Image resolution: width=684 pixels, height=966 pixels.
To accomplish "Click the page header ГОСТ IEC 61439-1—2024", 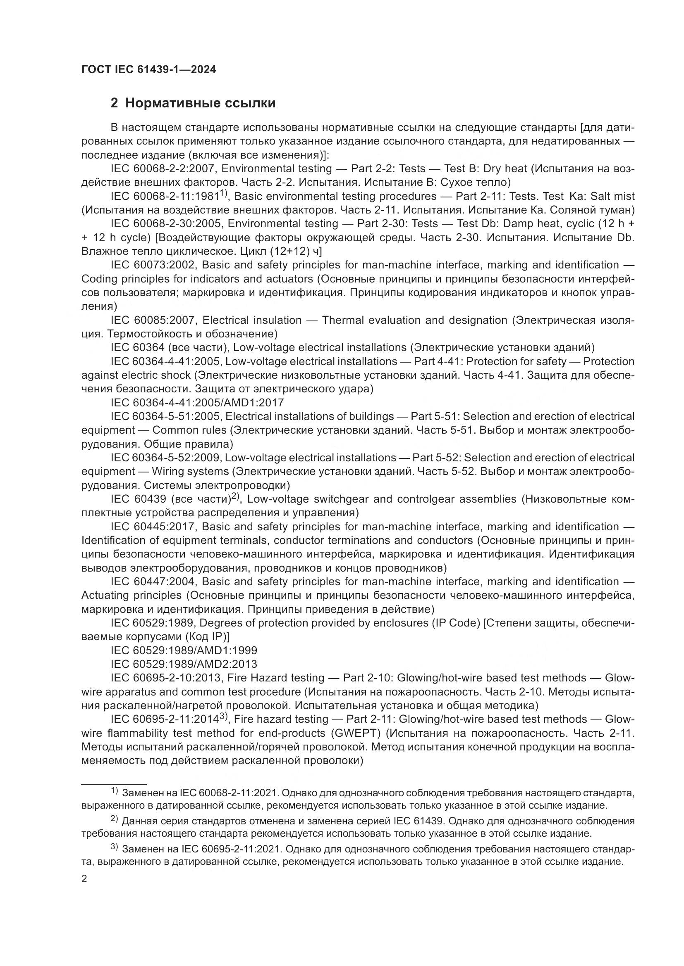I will coord(149,70).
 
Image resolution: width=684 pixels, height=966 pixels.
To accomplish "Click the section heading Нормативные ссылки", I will coord(200,103).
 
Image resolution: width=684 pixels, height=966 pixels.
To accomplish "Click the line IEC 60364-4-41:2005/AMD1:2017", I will coord(197,403).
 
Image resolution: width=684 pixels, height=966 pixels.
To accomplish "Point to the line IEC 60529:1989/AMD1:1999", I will coord(184,650).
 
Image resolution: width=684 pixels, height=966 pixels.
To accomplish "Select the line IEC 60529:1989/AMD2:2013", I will coord(184,665).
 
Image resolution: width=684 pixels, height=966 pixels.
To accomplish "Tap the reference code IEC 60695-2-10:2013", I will coord(166,678).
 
